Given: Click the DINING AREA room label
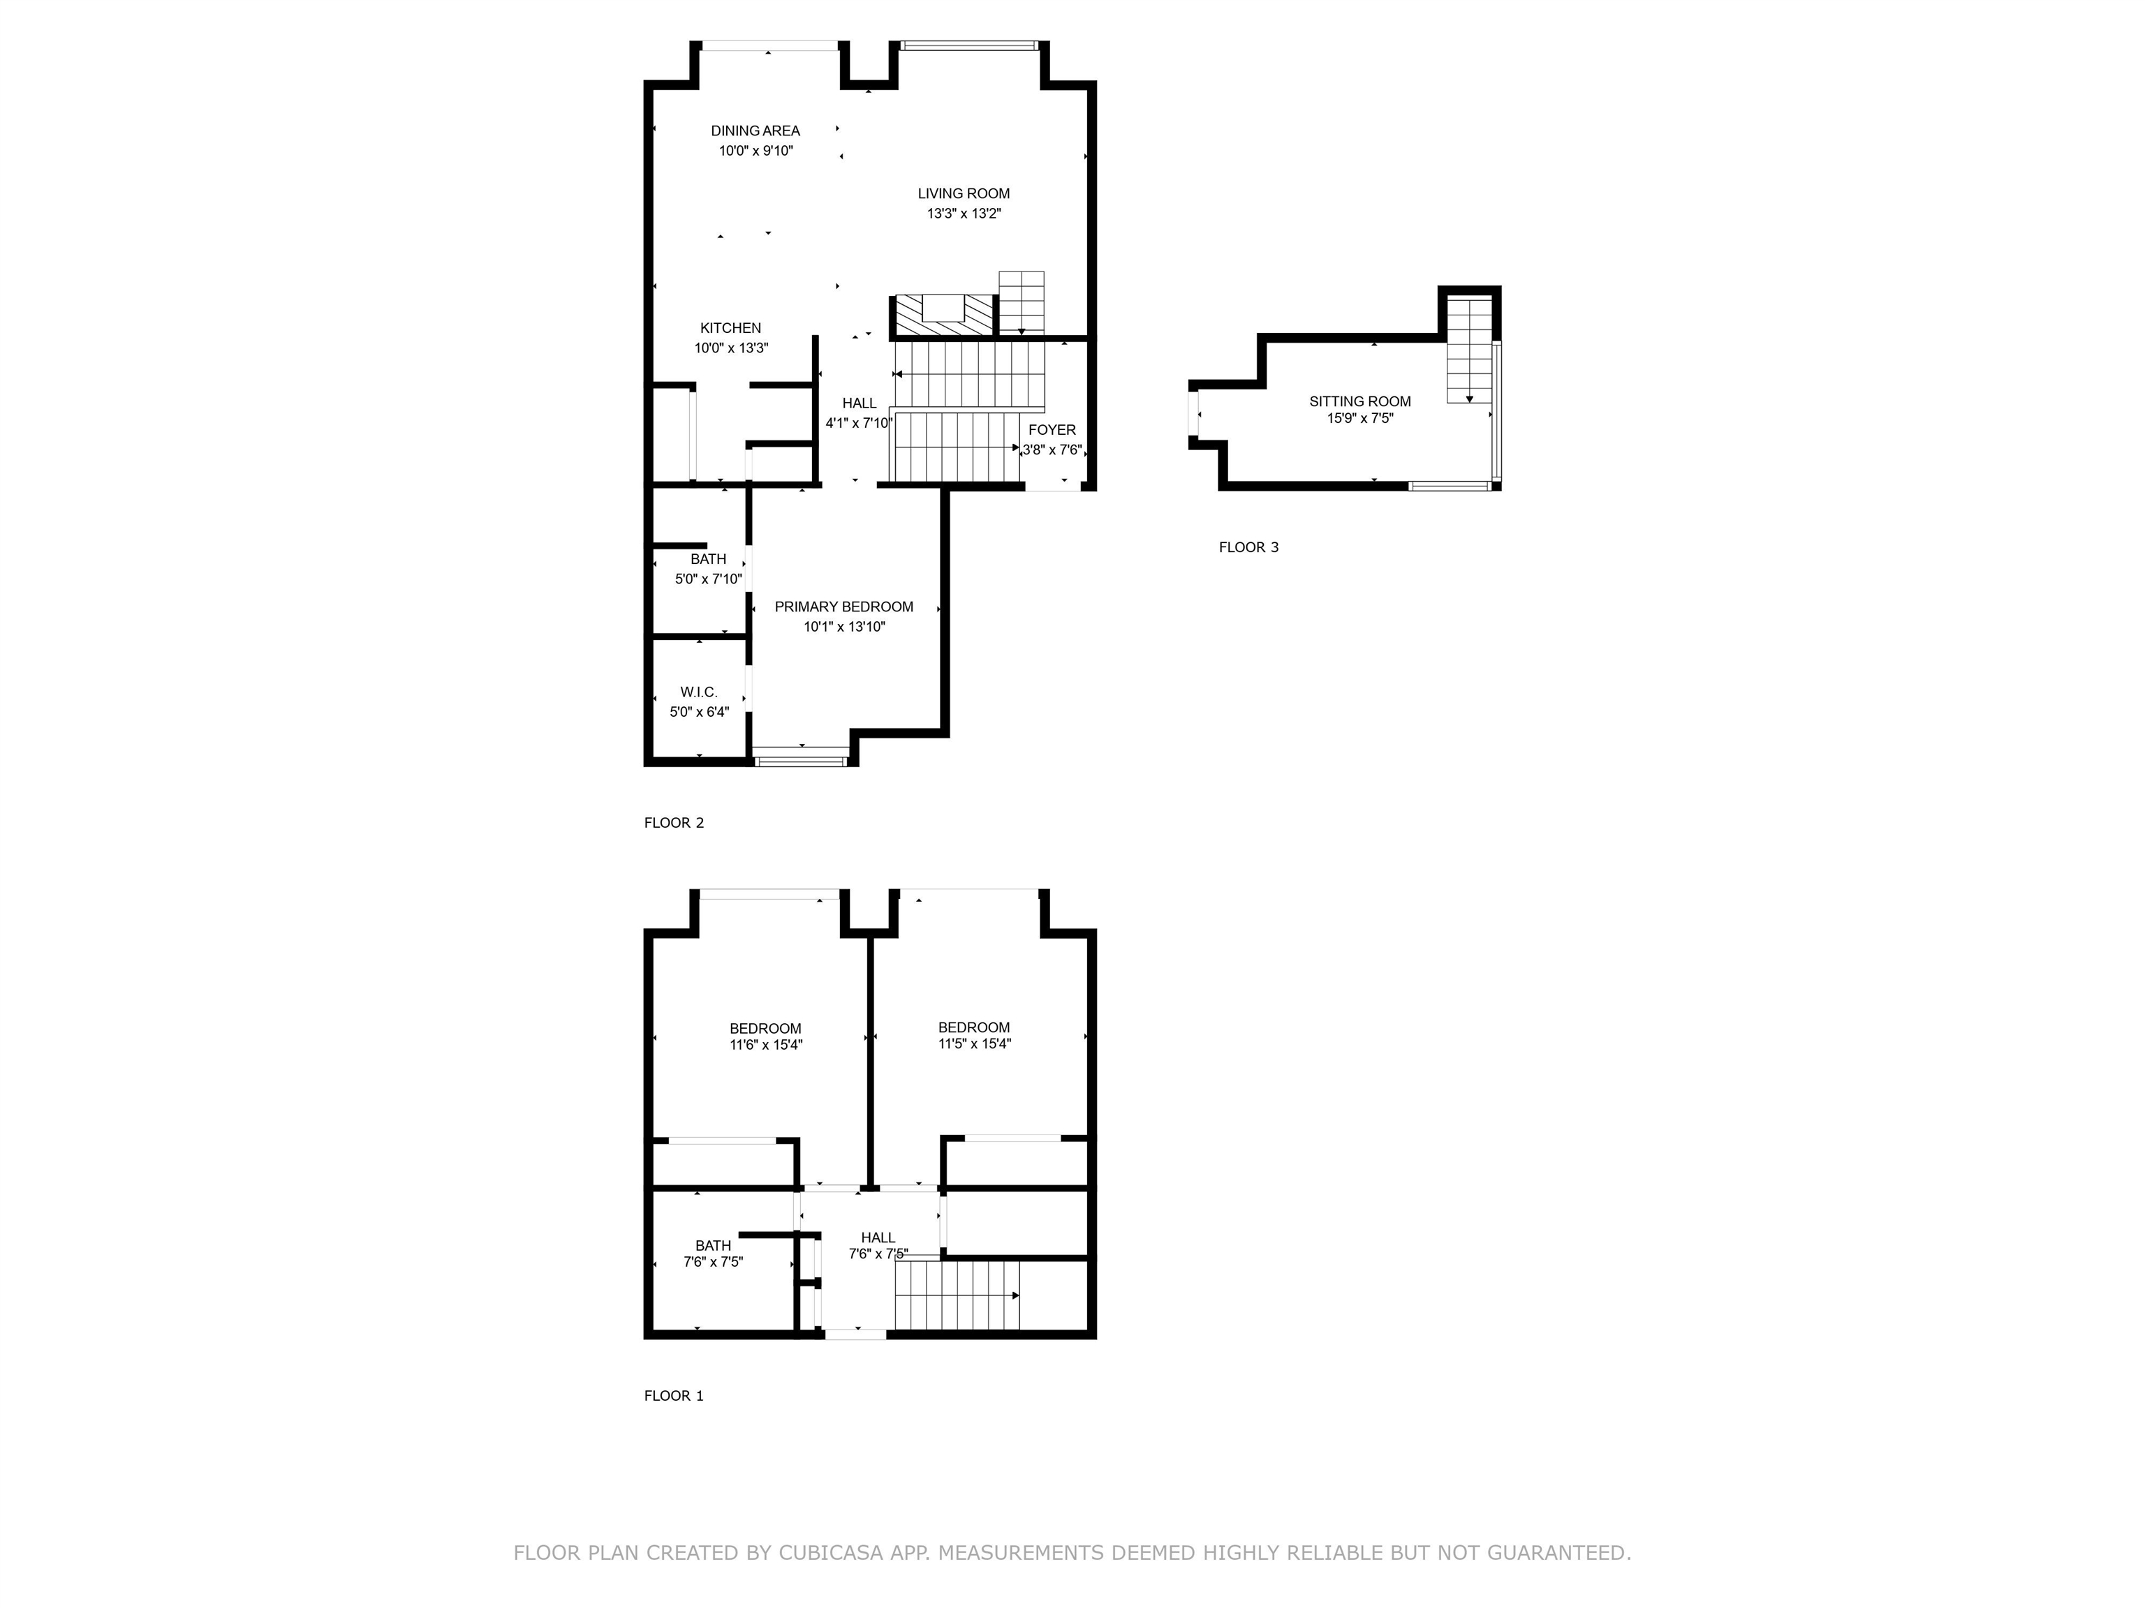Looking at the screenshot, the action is coord(755,131).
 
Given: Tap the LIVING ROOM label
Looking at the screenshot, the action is coord(964,194).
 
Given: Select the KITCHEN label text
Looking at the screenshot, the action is coord(730,329).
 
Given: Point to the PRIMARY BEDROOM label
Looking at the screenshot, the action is coord(843,606).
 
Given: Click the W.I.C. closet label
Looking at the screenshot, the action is coord(699,692).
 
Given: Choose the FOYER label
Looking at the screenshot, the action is coord(1052,431).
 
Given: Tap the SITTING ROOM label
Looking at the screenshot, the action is coord(1360,401).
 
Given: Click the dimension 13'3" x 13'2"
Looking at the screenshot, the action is coord(964,214).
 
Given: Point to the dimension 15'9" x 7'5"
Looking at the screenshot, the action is coord(1360,419).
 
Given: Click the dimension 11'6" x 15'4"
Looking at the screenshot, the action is coord(766,1045).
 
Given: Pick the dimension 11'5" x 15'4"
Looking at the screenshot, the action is coord(975,1044).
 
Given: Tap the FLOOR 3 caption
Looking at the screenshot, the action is coord(1249,548).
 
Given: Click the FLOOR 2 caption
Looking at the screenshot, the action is coord(674,823).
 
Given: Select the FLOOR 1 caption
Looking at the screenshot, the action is coord(674,1396).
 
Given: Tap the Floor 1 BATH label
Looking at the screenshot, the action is coord(713,1246).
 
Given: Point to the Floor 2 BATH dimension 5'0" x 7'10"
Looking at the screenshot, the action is coord(709,579).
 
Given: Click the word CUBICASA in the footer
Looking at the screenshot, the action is coord(831,1553).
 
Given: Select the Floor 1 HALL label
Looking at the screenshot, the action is coord(878,1237).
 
